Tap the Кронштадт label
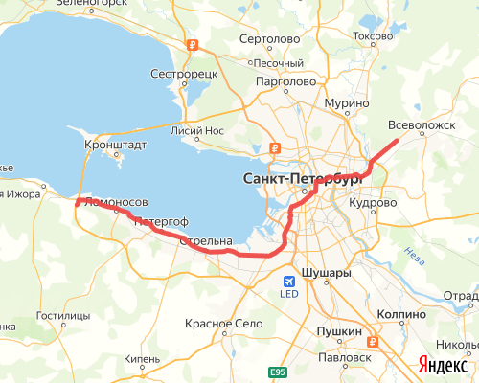(x=117, y=146)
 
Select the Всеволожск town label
(x=422, y=124)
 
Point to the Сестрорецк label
(x=186, y=73)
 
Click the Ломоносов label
(x=116, y=203)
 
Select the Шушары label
(x=326, y=273)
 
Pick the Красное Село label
(x=224, y=325)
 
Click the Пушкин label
(x=341, y=331)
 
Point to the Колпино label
(x=400, y=313)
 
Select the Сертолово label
(x=267, y=40)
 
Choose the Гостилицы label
(x=62, y=315)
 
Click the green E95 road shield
(x=278, y=372)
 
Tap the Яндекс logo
(x=442, y=365)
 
